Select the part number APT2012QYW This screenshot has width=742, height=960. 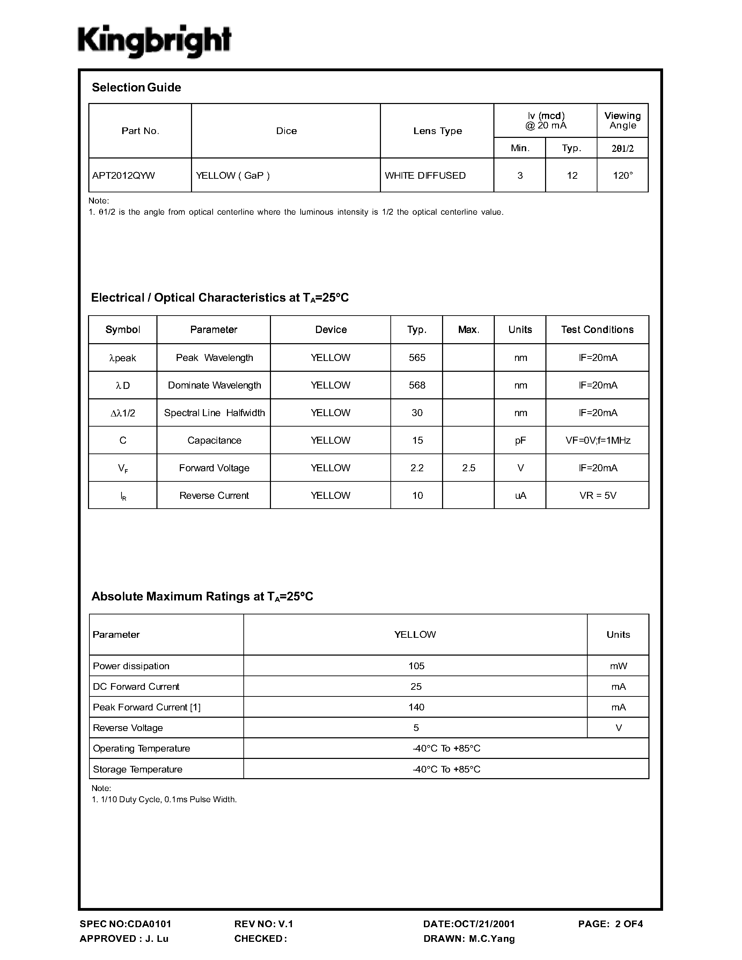(x=124, y=175)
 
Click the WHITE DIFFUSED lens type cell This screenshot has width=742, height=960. (x=425, y=175)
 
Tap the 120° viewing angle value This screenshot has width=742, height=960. (x=623, y=175)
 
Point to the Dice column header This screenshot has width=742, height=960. (x=286, y=131)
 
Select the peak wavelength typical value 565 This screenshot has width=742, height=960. (x=417, y=358)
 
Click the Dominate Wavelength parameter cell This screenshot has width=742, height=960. (x=214, y=385)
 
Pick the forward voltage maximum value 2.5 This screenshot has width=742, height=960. (x=469, y=468)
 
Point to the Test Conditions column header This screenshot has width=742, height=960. (x=597, y=330)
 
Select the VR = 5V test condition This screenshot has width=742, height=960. (x=598, y=496)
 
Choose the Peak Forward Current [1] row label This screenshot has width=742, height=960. (x=147, y=707)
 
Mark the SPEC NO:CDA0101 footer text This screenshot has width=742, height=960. (x=126, y=924)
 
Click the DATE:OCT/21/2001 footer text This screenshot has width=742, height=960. (x=469, y=924)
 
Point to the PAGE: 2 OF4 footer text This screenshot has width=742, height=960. (x=610, y=924)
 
